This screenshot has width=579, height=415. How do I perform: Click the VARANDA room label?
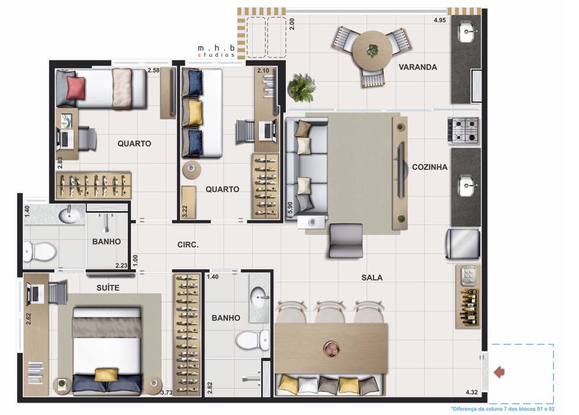click(417, 67)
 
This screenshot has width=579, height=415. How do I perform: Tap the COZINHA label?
click(429, 168)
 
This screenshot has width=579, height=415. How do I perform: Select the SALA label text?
click(372, 278)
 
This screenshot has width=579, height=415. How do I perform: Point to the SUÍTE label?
click(108, 288)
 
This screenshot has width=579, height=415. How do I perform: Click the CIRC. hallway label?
click(188, 245)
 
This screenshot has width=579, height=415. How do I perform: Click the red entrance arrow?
click(499, 372)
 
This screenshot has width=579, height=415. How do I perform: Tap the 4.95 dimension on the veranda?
click(440, 20)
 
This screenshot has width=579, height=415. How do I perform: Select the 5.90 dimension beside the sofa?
click(290, 207)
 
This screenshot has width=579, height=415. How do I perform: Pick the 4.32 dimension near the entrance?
click(471, 392)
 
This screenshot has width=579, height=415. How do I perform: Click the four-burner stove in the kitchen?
click(463, 130)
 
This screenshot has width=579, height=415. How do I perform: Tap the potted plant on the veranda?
click(302, 88)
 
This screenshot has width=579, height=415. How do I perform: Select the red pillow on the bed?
click(76, 88)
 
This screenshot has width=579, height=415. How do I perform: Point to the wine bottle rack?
click(469, 307)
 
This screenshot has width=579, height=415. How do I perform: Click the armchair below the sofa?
click(345, 240)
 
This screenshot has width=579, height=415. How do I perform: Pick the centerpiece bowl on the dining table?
click(331, 349)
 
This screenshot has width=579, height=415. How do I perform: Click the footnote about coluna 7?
click(503, 408)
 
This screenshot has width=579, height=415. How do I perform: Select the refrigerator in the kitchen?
click(463, 244)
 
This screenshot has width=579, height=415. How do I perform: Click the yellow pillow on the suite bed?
click(107, 375)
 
